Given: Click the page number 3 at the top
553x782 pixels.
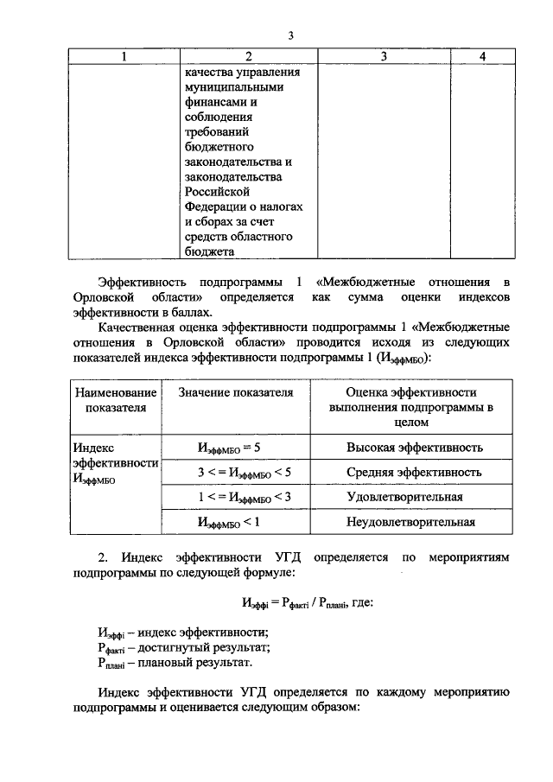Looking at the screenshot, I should (291, 35).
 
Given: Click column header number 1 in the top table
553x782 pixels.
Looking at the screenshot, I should (124, 56).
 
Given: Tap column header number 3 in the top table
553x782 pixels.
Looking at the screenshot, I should (383, 56).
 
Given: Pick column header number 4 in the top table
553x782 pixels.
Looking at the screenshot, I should (482, 56).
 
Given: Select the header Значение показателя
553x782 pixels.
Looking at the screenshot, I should (235, 392).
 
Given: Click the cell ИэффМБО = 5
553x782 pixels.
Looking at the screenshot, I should (229, 448).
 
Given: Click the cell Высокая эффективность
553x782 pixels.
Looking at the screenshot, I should (414, 448).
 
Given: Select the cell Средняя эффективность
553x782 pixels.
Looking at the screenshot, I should (414, 473).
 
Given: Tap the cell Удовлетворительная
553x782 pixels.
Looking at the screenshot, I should (404, 497).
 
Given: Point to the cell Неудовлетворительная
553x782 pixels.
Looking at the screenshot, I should (410, 522).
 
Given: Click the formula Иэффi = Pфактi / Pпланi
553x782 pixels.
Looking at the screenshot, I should (294, 602).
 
